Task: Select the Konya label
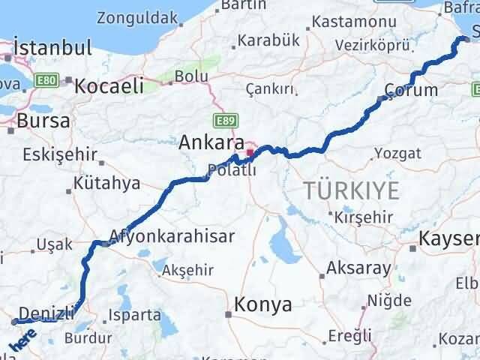(x=263, y=304)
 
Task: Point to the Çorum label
(x=410, y=90)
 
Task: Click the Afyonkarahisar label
(x=172, y=235)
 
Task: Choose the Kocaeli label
(x=109, y=85)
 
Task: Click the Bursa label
(x=43, y=120)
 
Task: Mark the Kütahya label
(x=107, y=183)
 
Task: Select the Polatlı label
(x=232, y=170)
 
